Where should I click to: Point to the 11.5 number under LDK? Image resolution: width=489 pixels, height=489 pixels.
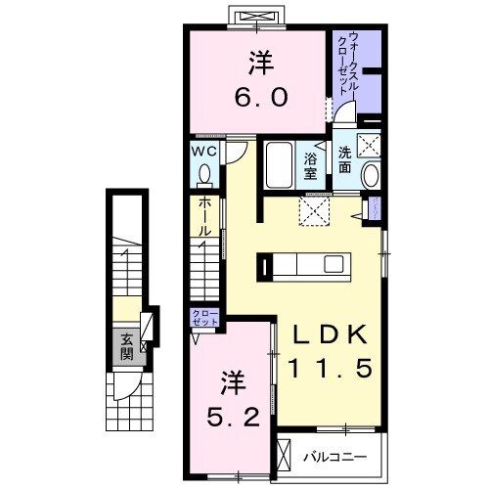coord(328,371)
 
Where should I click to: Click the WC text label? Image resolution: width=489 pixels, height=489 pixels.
coord(203,153)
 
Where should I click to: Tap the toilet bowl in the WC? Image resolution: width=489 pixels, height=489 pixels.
coord(204,175)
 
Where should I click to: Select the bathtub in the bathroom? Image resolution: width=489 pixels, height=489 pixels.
coord(279,166)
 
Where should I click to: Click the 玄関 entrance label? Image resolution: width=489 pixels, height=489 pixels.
coord(127,347)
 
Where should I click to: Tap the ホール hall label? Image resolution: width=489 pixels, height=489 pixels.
coord(204,216)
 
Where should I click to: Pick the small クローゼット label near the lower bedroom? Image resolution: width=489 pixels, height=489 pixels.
coord(204,317)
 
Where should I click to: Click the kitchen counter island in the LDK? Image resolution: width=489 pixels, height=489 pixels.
coord(303,264)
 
